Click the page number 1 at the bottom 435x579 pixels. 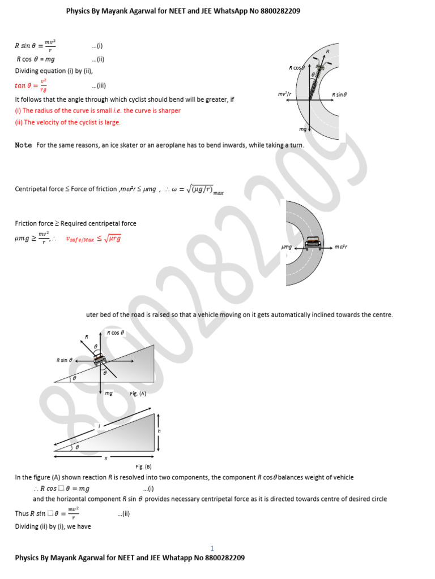[212, 548]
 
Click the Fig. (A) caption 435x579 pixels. [138, 394]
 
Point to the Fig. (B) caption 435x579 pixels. [143, 466]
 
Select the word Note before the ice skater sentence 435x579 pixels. [23, 145]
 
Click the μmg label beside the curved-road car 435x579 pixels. [287, 247]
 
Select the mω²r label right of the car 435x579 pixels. [340, 247]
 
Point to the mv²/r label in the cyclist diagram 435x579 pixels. [285, 94]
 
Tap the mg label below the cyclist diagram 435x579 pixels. [302, 129]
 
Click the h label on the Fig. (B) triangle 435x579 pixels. [160, 431]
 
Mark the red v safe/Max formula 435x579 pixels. [93, 239]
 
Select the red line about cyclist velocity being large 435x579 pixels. [67, 122]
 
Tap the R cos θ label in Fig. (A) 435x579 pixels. [116, 333]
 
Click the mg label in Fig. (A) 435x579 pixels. [109, 393]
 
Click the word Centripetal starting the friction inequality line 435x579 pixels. [32, 189]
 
